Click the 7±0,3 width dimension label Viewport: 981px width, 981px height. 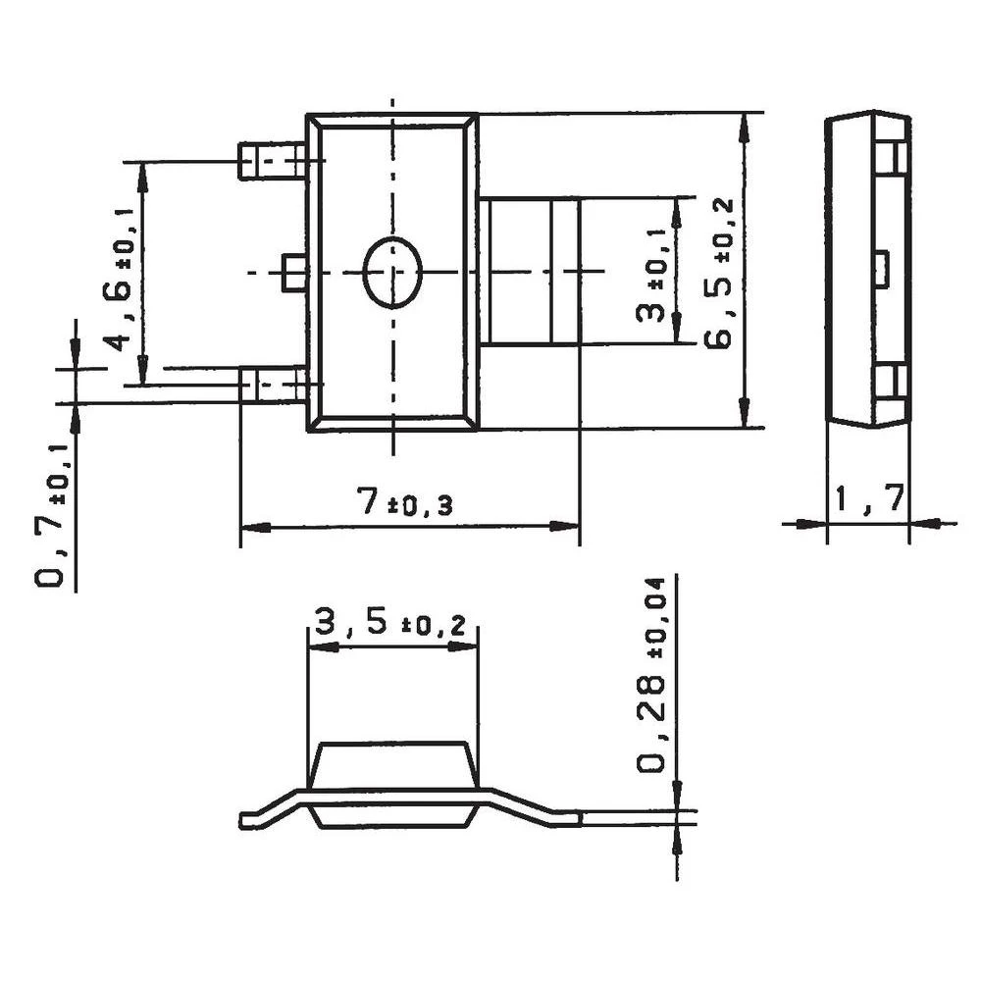(404, 504)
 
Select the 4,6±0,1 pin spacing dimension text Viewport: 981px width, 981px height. (117, 279)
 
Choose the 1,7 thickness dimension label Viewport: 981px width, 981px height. (869, 500)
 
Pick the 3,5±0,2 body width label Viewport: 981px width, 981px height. (389, 622)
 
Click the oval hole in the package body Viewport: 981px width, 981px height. (392, 273)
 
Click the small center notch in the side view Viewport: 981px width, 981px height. (881, 269)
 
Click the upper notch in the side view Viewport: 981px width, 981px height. (887, 157)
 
